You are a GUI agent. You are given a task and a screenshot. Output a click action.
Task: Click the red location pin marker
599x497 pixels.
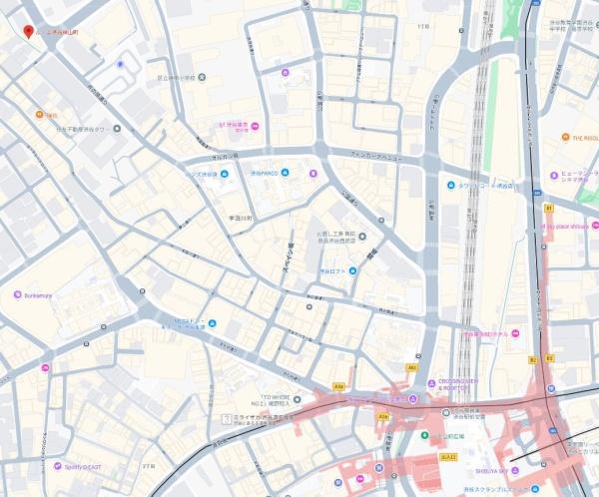(x=28, y=31)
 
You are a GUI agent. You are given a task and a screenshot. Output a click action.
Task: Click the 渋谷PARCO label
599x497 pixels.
(x=268, y=174)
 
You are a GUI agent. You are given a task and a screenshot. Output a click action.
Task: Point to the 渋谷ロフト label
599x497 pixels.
(x=332, y=271)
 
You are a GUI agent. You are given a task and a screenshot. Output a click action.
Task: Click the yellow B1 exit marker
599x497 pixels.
(x=548, y=208)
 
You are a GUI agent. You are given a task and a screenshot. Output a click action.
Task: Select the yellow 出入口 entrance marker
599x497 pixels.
(x=447, y=455)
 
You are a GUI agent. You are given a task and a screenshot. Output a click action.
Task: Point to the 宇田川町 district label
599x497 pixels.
(x=240, y=217)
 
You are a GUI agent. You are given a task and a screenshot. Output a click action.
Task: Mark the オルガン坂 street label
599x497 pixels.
(x=225, y=157)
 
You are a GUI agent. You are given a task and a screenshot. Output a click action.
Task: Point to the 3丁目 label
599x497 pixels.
(x=150, y=466)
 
